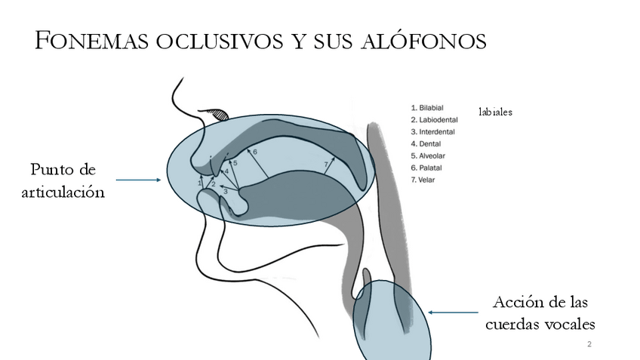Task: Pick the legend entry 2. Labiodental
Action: [x=434, y=120]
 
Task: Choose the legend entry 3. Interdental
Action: [x=433, y=132]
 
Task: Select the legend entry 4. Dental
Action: [x=426, y=143]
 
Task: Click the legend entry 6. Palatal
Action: [x=427, y=168]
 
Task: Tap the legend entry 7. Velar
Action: [x=423, y=180]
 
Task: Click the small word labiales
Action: [x=495, y=112]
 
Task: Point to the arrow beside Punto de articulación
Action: [x=139, y=180]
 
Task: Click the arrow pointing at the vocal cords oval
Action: [x=453, y=312]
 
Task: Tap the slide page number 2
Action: [x=589, y=345]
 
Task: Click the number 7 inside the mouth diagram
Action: [x=326, y=163]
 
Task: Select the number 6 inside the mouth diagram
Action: [x=255, y=152]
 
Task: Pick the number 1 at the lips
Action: [x=199, y=183]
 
